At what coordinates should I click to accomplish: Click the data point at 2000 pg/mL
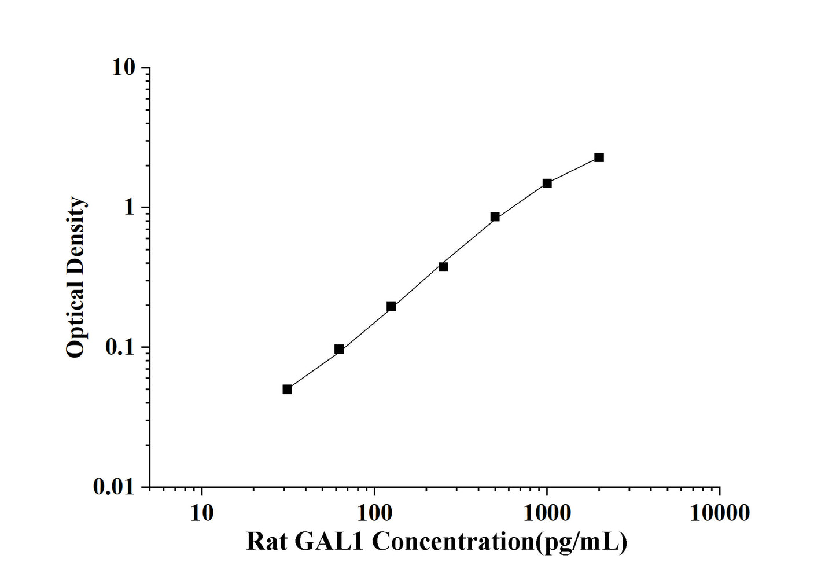tap(599, 157)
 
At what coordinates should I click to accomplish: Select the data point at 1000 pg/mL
tap(547, 183)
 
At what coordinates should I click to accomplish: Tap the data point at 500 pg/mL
tap(495, 217)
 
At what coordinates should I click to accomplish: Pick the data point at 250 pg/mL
tap(443, 267)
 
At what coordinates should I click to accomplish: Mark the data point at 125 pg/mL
tap(391, 306)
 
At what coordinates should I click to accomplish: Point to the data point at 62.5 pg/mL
tap(339, 349)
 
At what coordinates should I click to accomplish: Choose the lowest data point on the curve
tap(287, 390)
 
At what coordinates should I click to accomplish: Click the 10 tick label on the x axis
tap(201, 513)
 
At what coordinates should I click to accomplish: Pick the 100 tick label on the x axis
tap(374, 513)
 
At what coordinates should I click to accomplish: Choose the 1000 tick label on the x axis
tap(547, 513)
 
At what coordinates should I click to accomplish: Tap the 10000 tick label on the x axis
tap(719, 513)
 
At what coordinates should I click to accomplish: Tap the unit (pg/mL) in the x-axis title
tap(581, 542)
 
